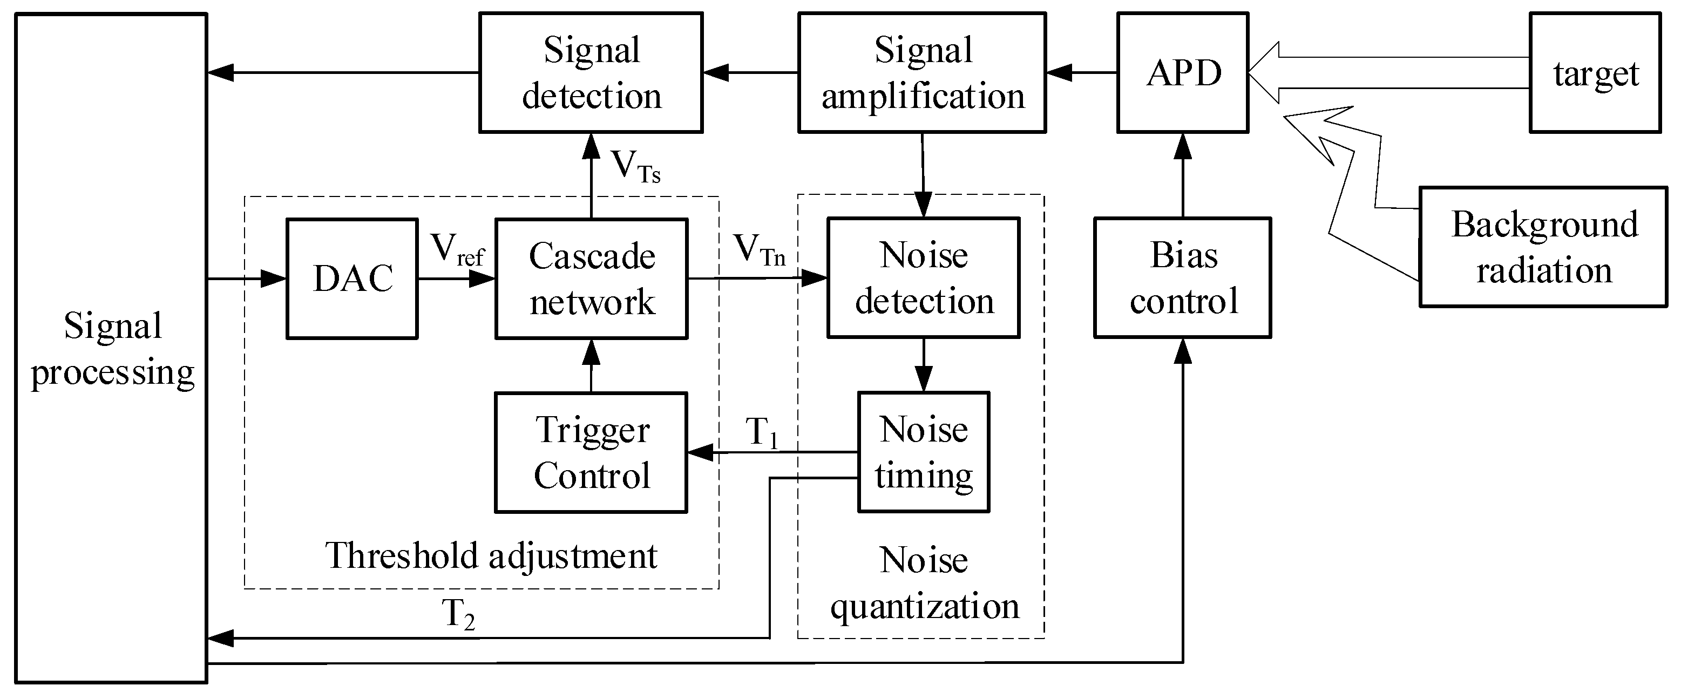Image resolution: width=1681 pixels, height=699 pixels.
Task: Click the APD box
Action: tap(1182, 72)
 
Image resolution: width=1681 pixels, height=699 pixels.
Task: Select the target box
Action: tap(1595, 72)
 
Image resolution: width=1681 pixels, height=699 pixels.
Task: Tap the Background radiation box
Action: tap(1543, 247)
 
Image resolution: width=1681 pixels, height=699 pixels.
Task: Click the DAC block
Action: tap(353, 279)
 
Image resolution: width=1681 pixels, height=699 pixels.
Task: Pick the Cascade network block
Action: tap(591, 279)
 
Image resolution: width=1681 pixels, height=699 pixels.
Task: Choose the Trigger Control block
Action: tap(591, 452)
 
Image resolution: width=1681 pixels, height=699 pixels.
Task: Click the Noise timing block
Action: tap(924, 452)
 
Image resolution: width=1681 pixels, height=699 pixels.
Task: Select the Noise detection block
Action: tap(924, 278)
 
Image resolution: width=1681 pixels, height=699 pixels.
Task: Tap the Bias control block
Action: tap(1182, 278)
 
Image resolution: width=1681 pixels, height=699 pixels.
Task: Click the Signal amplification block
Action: tap(922, 72)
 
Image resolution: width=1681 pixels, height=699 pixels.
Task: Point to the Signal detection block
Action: tap(591, 72)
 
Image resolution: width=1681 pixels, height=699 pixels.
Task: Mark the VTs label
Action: tap(635, 166)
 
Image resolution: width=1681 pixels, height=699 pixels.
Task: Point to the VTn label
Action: tap(759, 250)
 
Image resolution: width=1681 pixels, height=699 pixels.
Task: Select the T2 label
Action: tap(458, 614)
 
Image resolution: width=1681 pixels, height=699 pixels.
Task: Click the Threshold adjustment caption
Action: tap(491, 556)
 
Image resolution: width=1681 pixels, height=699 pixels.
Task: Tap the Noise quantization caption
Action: tap(924, 583)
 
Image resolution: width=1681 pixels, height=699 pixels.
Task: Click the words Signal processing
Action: tap(112, 349)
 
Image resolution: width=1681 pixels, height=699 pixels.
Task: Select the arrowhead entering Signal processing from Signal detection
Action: tap(221, 72)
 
